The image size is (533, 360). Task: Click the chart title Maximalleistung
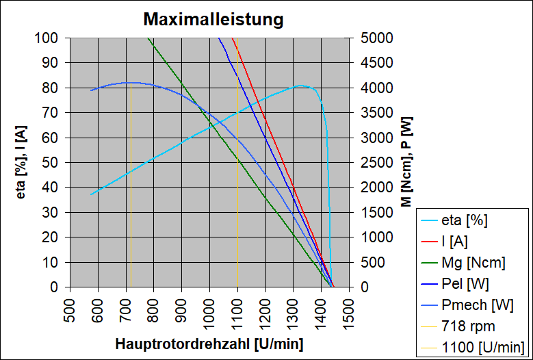coord(213,19)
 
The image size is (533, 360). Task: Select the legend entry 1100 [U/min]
coord(483,347)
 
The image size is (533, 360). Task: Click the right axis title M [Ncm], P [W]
coord(406,162)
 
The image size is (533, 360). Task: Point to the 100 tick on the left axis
coord(51,38)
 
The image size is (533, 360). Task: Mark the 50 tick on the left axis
coord(55,162)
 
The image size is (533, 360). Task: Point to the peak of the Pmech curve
coord(129,82)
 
